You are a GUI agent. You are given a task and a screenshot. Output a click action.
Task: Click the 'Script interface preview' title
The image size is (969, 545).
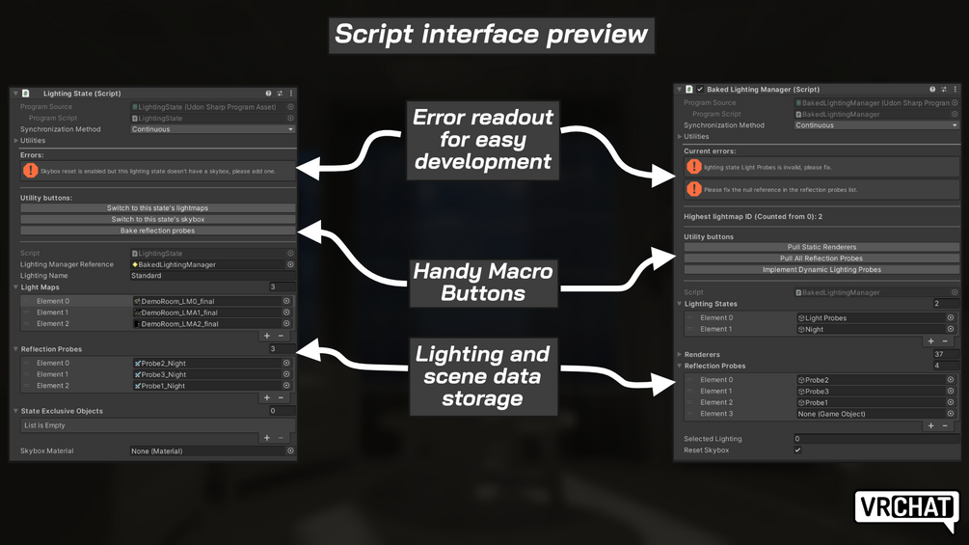point(491,35)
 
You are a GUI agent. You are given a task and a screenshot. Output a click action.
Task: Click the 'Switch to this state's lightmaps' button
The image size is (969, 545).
point(157,208)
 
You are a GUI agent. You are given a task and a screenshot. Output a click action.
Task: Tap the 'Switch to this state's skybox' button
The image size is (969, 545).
point(157,220)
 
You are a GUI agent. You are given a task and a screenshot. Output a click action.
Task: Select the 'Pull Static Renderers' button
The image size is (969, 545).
point(821,248)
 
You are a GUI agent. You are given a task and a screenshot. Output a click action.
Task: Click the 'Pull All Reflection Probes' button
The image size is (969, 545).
point(821,259)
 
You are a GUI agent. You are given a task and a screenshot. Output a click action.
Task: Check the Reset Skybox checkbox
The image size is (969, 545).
point(797,450)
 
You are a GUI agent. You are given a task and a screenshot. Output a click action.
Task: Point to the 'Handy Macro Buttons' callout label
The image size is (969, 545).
point(483,283)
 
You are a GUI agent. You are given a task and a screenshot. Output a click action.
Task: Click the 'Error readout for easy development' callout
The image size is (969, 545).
point(483,139)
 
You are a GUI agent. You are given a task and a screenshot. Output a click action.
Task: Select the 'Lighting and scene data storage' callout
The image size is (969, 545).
point(483,375)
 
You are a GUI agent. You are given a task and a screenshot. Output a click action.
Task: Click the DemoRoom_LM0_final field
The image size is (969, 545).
point(206,301)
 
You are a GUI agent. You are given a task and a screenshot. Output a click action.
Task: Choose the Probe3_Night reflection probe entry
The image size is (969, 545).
point(206,374)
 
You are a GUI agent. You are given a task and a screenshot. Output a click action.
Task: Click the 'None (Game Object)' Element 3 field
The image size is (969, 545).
point(871,414)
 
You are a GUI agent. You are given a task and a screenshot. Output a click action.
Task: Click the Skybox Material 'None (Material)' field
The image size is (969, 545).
point(206,450)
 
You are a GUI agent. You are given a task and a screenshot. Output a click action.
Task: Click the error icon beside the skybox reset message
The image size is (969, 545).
point(31,171)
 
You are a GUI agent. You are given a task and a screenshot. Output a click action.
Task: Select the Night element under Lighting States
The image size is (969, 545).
point(871,329)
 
